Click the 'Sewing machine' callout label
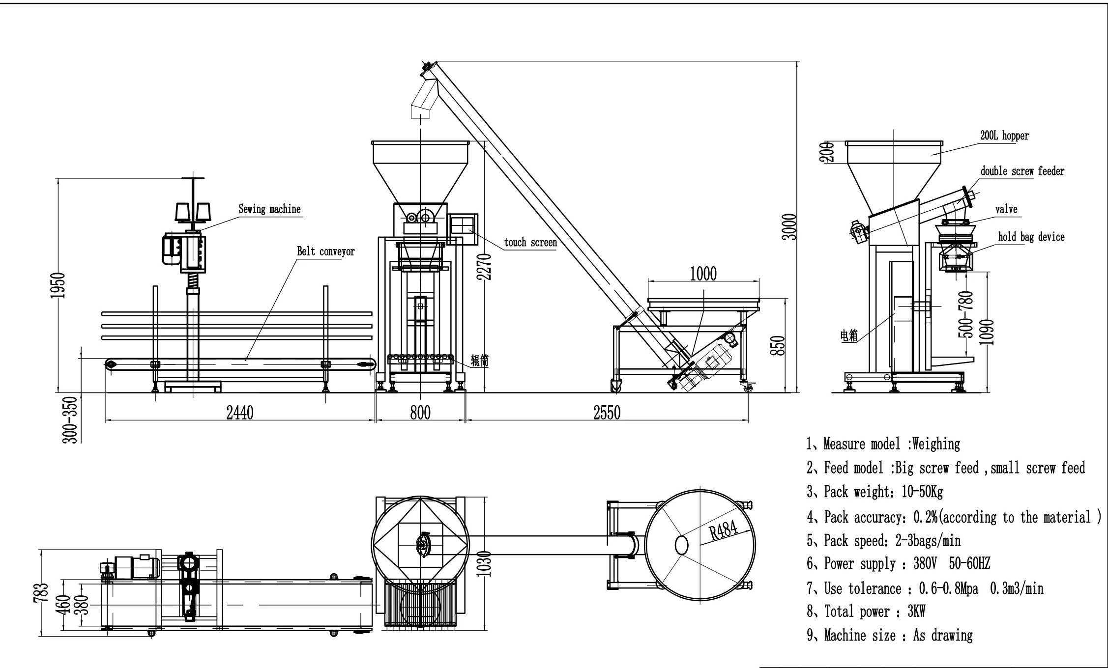pos(269,209)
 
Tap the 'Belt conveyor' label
pos(325,252)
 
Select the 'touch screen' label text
pos(530,242)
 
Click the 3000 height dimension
pos(789,226)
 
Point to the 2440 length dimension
pos(239,413)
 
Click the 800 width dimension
pos(420,413)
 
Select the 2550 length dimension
pos(607,413)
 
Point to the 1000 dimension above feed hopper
pos(703,274)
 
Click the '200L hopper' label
pos(1004,136)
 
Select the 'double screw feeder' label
pos(1022,171)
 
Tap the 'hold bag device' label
pos(1031,237)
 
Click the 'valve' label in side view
pos(1006,209)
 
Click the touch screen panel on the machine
pos(462,225)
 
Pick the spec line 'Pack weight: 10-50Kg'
pos(875,492)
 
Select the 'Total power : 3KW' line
pos(867,612)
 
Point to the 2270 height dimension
pos(485,267)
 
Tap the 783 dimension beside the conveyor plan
pos(43,592)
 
